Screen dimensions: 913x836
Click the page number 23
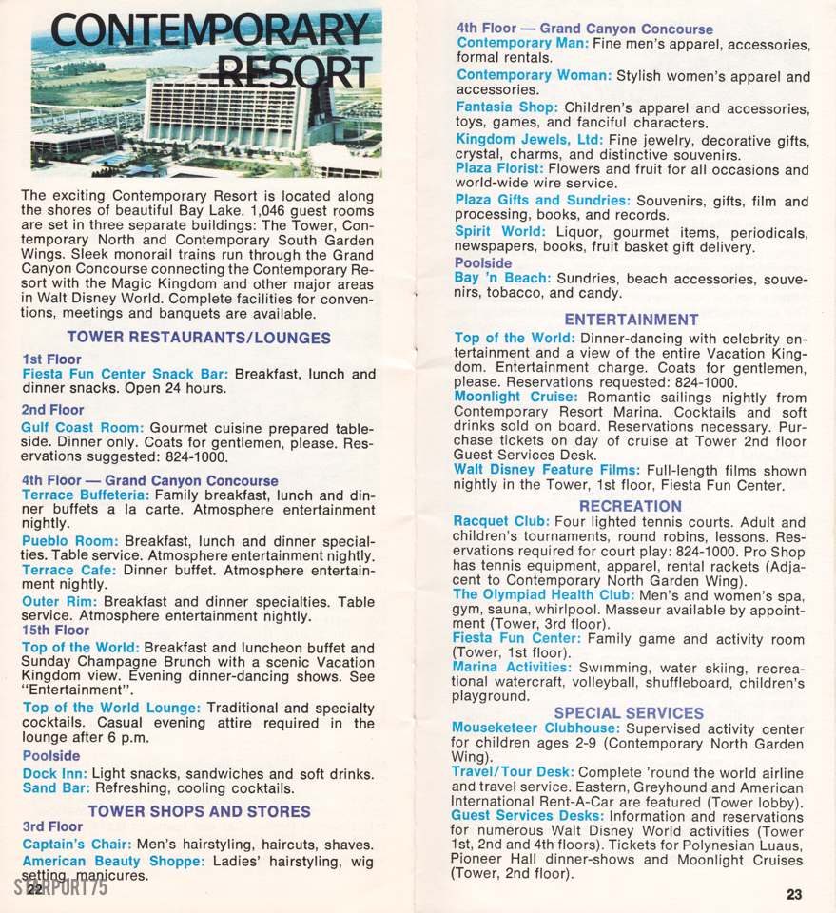(x=794, y=893)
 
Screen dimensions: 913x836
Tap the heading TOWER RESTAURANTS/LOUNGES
(x=199, y=338)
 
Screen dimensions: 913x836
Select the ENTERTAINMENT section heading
(x=631, y=320)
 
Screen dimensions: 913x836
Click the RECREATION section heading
(x=631, y=506)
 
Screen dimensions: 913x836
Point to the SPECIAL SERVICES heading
(x=629, y=712)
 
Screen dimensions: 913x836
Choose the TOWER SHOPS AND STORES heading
(x=199, y=811)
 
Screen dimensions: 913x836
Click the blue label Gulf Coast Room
(x=82, y=428)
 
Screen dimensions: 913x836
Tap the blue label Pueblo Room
(x=69, y=541)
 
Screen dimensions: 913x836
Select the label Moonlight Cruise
(x=515, y=397)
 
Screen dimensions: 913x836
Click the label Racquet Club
(x=500, y=522)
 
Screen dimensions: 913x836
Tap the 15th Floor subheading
(x=57, y=630)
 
